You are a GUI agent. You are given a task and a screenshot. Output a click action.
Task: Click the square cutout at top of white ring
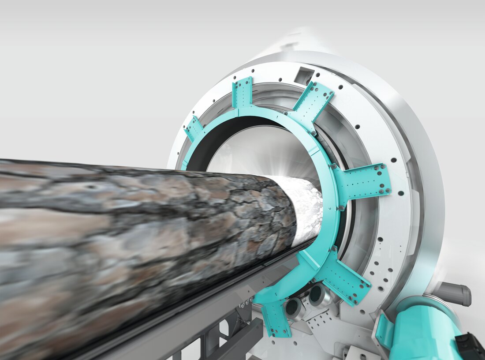[304, 76]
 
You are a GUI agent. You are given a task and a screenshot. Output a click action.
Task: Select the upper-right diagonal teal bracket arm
[314, 102]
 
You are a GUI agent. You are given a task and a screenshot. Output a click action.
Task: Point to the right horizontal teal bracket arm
[364, 181]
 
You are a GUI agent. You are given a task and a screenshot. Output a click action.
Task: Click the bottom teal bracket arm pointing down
[276, 318]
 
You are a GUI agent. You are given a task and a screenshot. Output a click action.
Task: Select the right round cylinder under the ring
[319, 295]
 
